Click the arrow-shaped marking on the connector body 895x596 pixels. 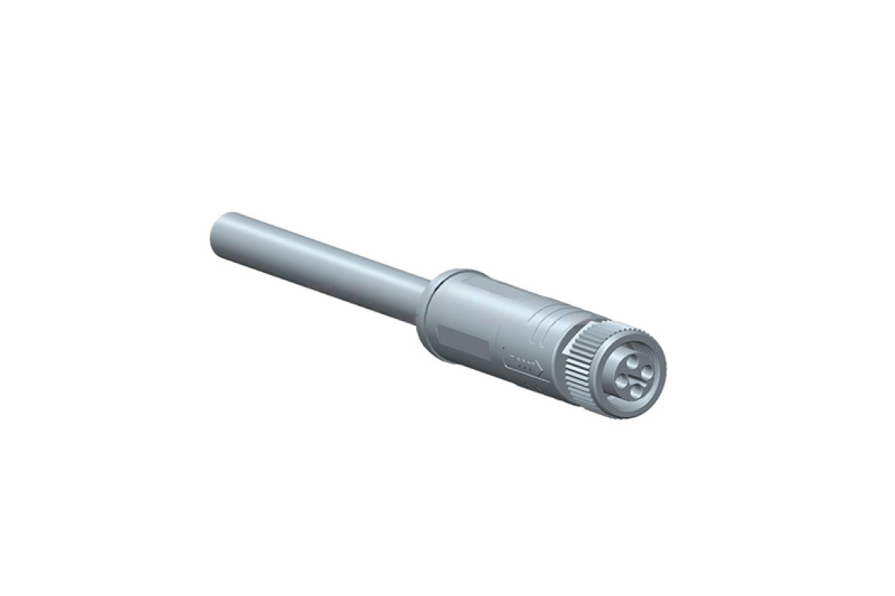coord(522,363)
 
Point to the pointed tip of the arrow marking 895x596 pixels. coord(542,370)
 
